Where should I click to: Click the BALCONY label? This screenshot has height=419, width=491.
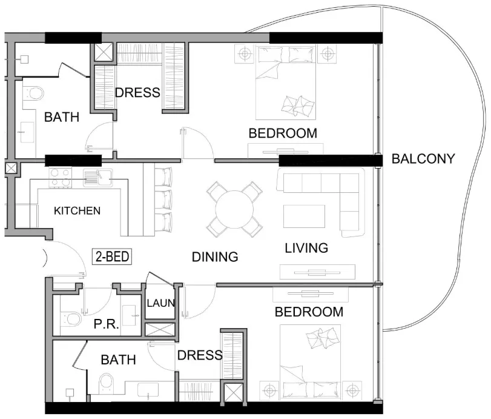[423, 159]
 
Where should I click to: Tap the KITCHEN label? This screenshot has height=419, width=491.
[77, 211]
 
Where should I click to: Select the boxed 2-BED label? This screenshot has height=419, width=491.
[112, 256]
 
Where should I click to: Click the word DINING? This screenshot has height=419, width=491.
[215, 257]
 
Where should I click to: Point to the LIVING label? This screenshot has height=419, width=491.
[306, 248]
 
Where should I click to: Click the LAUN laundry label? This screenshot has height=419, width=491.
[160, 303]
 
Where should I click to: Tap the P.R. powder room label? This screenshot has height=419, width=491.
[107, 324]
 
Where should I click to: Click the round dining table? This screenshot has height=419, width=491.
[234, 210]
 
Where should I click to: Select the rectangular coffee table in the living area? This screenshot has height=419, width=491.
[304, 216]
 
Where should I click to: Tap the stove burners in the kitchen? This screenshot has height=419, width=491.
[60, 178]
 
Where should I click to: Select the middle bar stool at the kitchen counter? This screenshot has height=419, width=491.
[163, 199]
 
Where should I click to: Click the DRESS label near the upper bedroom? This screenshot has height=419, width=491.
[137, 93]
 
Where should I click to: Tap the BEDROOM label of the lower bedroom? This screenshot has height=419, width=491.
[309, 312]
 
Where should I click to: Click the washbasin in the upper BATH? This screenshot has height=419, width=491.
[27, 132]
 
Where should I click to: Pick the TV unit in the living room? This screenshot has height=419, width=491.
[317, 272]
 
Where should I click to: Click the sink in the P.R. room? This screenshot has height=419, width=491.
[129, 315]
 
